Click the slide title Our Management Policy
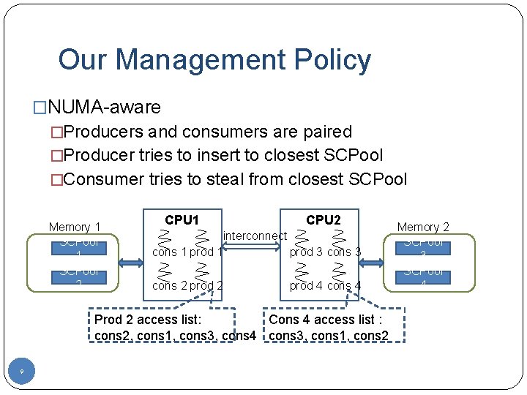click(x=214, y=60)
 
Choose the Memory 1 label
click(x=75, y=227)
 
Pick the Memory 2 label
click(x=423, y=227)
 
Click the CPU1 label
click(x=182, y=219)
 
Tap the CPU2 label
click(x=323, y=219)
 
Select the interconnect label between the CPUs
click(x=255, y=236)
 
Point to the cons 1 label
click(x=169, y=252)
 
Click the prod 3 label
click(x=306, y=252)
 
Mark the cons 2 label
click(x=169, y=285)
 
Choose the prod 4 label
click(x=306, y=285)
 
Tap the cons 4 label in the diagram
click(x=344, y=285)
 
